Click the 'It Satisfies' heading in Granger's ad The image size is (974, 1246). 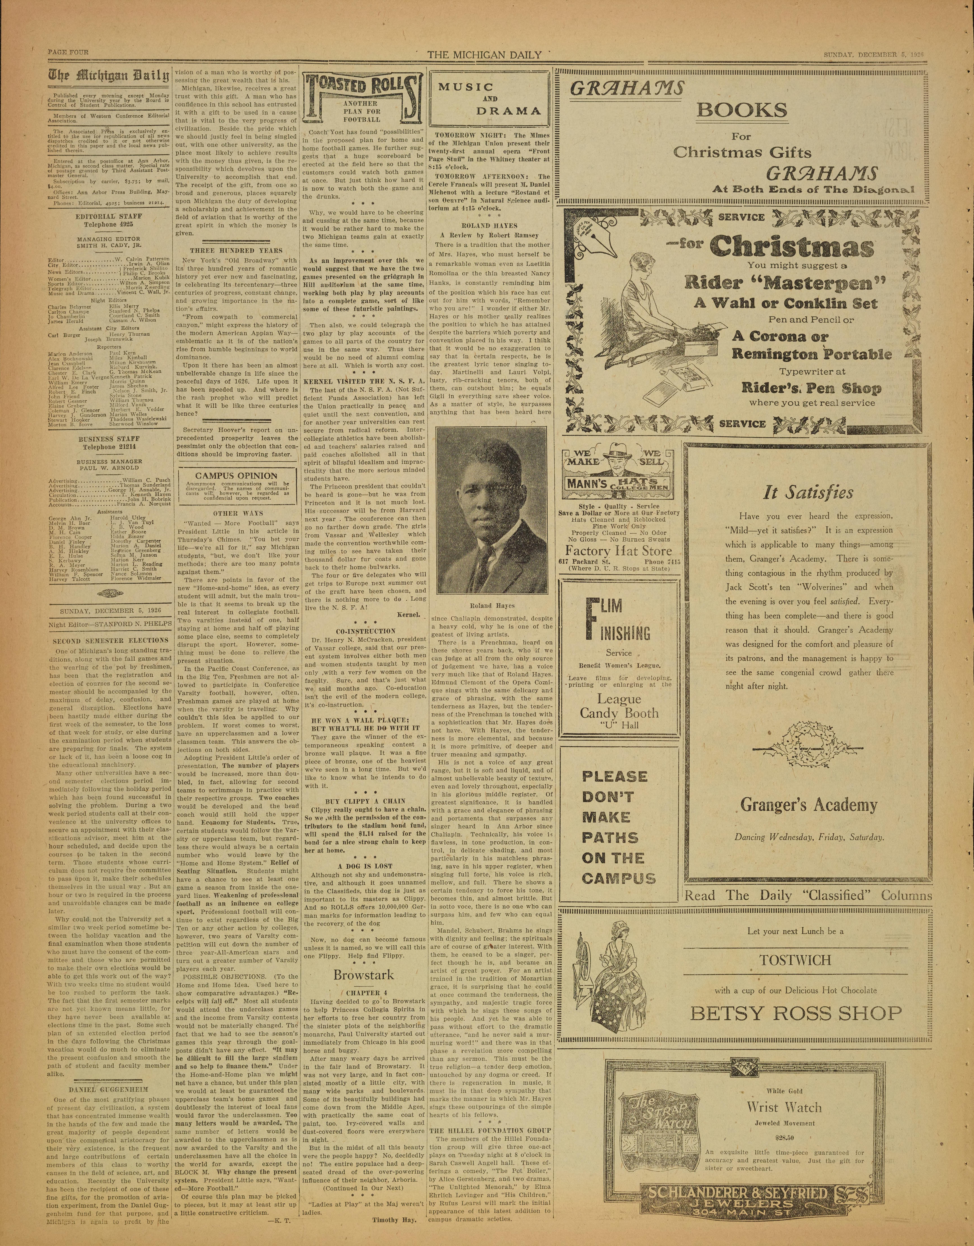pyautogui.click(x=809, y=492)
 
